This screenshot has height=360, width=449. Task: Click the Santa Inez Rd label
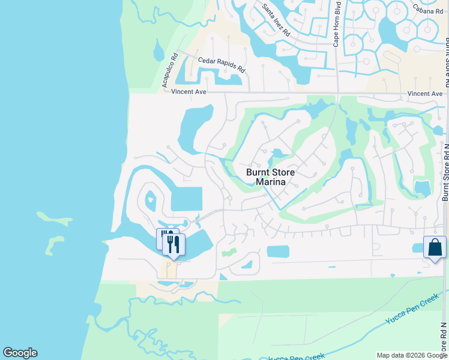(x=277, y=19)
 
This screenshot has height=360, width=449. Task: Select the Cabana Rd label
(x=427, y=8)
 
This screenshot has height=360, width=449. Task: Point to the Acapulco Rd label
(x=170, y=71)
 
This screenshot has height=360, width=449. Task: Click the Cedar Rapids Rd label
(x=221, y=65)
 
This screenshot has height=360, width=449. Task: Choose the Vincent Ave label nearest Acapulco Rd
(x=188, y=92)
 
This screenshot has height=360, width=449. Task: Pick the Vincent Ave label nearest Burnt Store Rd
(x=424, y=94)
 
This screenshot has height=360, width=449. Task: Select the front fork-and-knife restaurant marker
(x=174, y=245)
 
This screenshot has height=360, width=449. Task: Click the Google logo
(x=20, y=353)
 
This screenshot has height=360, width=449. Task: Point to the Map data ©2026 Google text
(x=412, y=355)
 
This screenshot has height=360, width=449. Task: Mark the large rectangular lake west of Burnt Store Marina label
(x=187, y=199)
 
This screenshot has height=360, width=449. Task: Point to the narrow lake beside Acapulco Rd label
(x=158, y=50)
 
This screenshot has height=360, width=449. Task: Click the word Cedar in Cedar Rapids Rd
(x=208, y=62)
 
